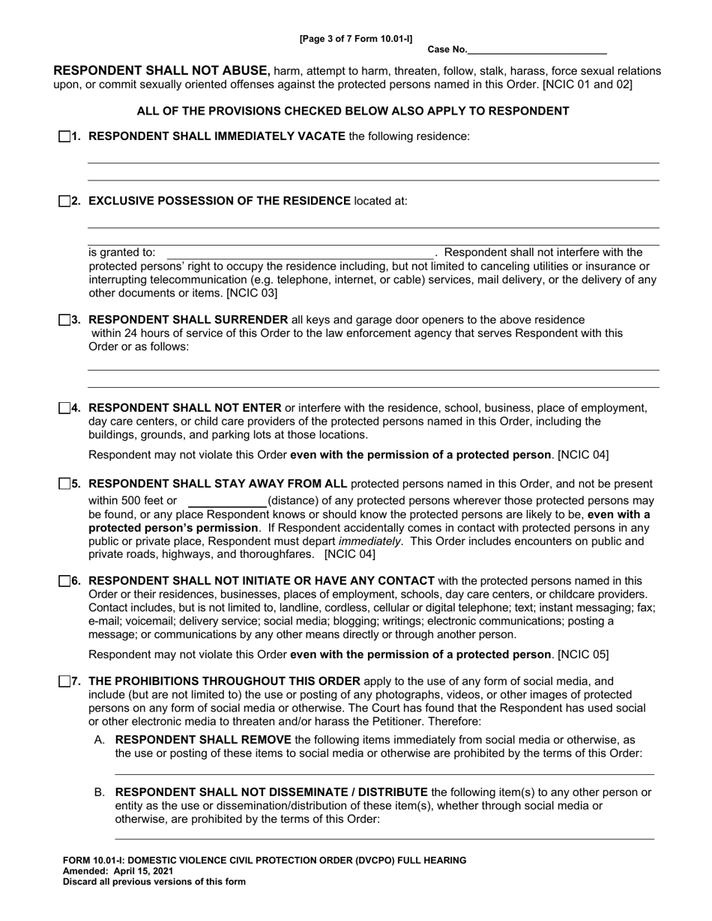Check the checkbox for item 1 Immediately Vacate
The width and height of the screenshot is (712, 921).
click(64, 136)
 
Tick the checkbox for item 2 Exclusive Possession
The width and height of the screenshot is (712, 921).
click(64, 201)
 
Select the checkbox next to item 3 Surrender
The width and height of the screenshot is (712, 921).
click(64, 320)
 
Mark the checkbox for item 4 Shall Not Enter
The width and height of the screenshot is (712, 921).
click(64, 408)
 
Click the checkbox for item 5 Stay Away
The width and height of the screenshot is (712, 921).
click(64, 484)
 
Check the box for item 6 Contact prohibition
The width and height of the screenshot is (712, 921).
click(64, 581)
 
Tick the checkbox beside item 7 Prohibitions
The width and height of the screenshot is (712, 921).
click(64, 681)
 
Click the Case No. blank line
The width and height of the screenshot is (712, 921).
click(537, 49)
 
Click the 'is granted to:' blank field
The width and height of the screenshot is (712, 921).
click(300, 253)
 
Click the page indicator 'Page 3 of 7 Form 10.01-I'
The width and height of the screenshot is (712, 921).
click(356, 37)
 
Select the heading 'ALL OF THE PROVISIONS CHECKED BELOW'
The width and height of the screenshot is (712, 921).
click(352, 111)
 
